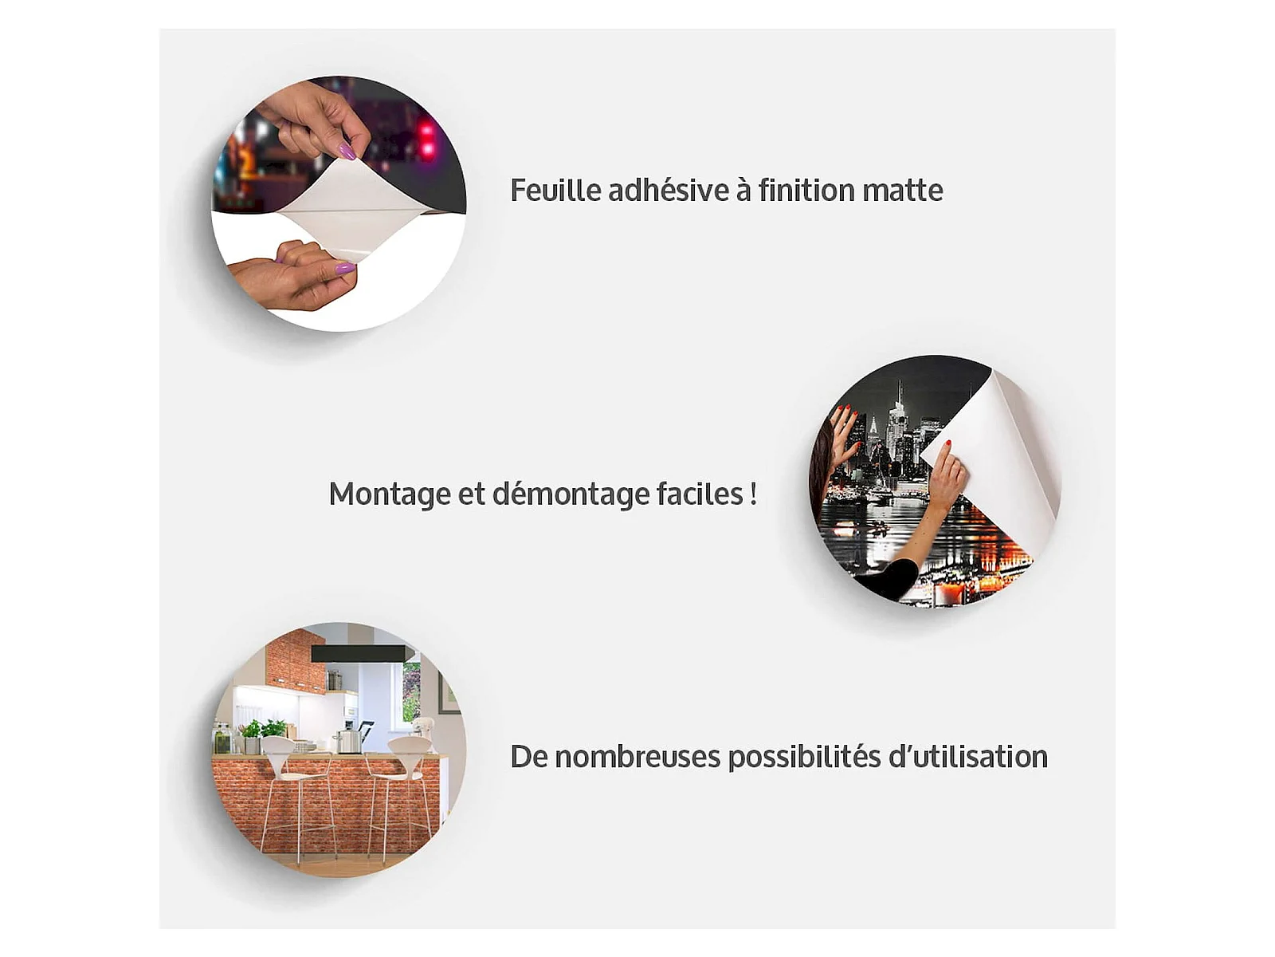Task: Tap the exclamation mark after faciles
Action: [x=753, y=494]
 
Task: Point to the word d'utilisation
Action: [x=968, y=757]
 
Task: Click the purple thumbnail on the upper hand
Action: [x=347, y=152]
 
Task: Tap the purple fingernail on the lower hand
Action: [x=344, y=268]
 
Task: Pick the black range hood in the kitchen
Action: [x=358, y=654]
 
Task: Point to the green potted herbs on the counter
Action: [x=263, y=729]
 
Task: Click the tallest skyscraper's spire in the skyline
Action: [x=898, y=388]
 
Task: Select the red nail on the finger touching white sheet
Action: [x=948, y=444]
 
